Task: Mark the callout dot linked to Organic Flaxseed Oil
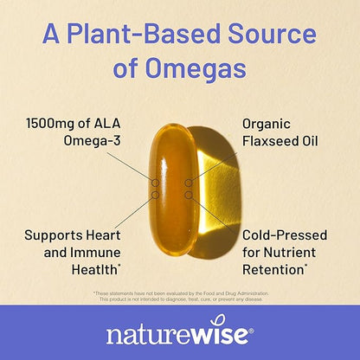click(188, 183)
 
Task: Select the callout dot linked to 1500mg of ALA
click(156, 183)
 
